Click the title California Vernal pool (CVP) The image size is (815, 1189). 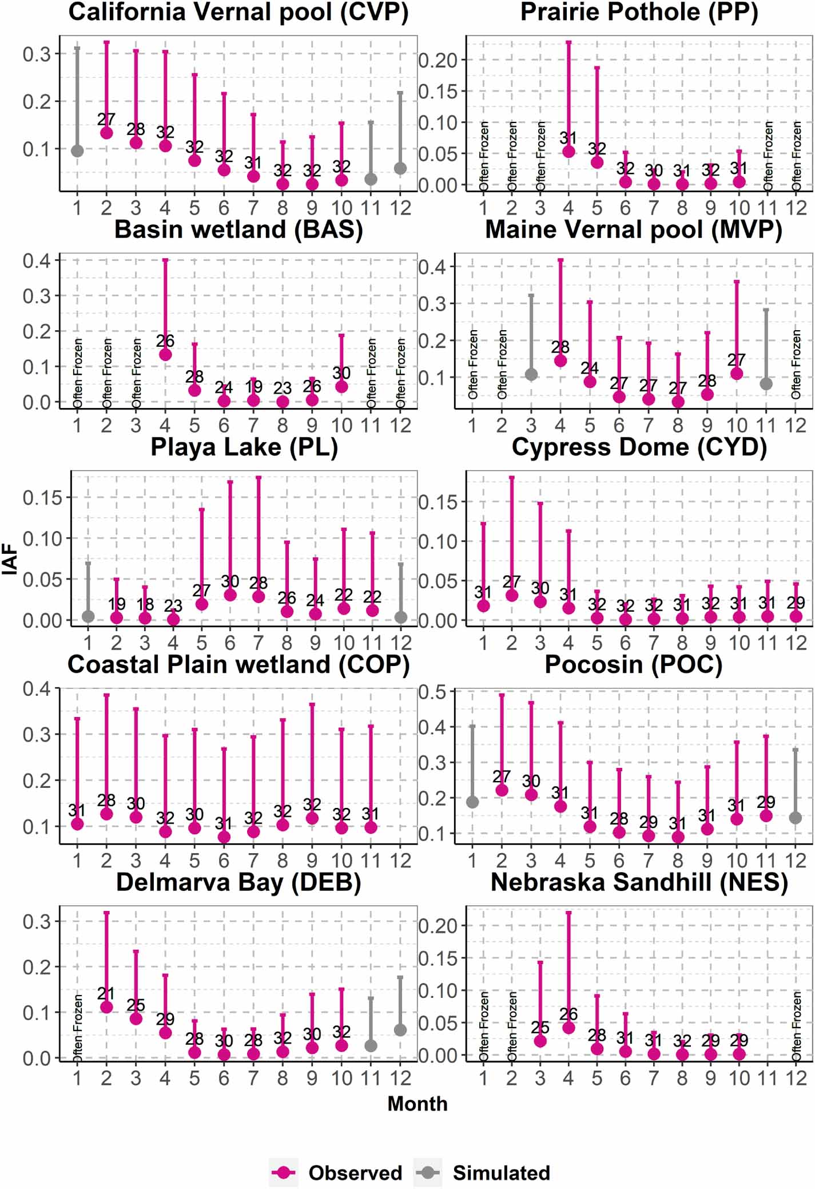tap(238, 13)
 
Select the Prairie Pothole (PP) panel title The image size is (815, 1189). tap(639, 13)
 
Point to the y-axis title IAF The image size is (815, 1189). tap(10, 560)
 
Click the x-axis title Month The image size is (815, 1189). tap(418, 1103)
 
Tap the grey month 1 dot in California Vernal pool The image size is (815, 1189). tap(77, 151)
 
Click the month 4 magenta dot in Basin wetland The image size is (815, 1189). tap(165, 355)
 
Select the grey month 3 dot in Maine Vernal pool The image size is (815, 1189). tap(531, 375)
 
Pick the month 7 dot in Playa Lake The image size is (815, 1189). tap(259, 596)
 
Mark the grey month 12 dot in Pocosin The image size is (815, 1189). tap(796, 818)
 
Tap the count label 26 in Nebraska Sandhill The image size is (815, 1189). tap(568, 1014)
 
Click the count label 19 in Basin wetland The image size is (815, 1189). tap(253, 387)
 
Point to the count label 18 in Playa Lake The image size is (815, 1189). tap(145, 604)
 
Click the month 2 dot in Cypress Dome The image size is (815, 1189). tap(512, 595)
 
